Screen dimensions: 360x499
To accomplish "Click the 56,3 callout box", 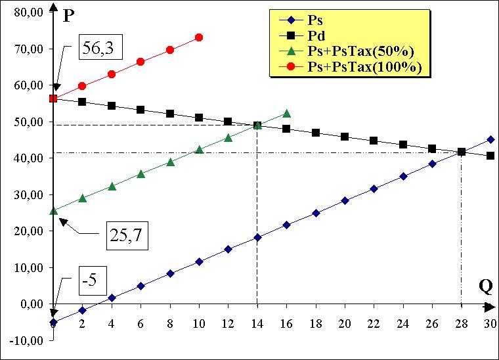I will click(102, 47).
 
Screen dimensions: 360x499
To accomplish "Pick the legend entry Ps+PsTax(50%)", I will click(365, 51).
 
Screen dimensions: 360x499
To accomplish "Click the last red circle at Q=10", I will click(199, 37).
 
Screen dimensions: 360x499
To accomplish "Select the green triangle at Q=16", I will click(286, 114).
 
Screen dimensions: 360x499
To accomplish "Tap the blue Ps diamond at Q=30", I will click(490, 139).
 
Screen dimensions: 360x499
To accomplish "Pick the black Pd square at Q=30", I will click(490, 156).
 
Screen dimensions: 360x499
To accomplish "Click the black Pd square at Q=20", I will click(345, 137).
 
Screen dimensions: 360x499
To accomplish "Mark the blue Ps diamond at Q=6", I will click(141, 286).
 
